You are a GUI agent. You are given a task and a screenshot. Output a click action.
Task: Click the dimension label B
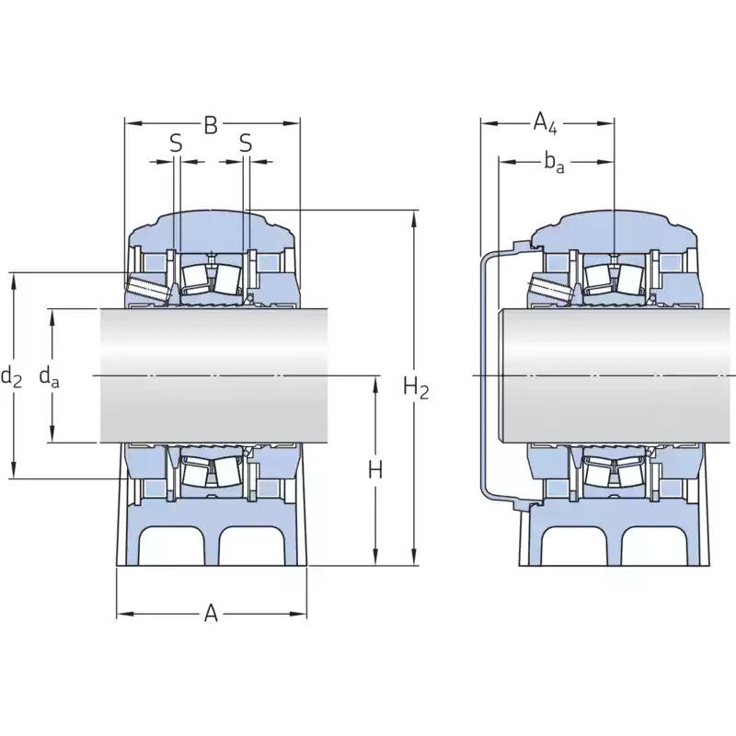[211, 125]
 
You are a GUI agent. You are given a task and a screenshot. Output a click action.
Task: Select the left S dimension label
[176, 144]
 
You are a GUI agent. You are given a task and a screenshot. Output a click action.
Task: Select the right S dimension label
[246, 144]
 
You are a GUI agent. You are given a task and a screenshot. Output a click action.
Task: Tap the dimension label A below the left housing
[212, 614]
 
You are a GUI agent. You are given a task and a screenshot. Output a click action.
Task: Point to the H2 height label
[416, 387]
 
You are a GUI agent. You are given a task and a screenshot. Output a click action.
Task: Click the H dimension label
[375, 470]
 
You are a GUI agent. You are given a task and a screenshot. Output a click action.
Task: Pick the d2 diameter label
[12, 376]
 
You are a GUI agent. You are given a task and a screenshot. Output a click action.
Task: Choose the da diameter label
[50, 376]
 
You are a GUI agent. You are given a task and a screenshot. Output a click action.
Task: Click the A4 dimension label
[545, 124]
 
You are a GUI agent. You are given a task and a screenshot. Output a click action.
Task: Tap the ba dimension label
[555, 163]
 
